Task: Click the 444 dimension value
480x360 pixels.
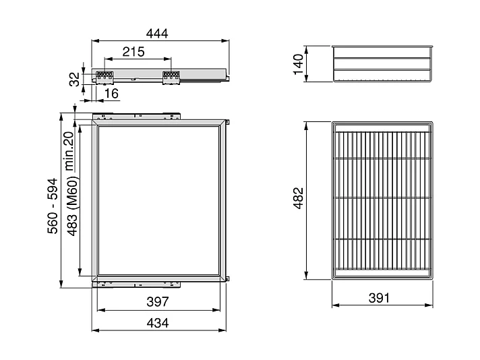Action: (x=157, y=33)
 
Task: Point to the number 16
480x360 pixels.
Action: (x=111, y=92)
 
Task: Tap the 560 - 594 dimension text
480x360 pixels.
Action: (x=52, y=210)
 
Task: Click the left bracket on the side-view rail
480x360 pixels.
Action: (x=104, y=77)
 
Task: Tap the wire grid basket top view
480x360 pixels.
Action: (x=382, y=200)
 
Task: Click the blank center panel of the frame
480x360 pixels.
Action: (x=159, y=200)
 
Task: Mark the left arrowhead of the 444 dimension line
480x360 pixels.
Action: (x=94, y=41)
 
